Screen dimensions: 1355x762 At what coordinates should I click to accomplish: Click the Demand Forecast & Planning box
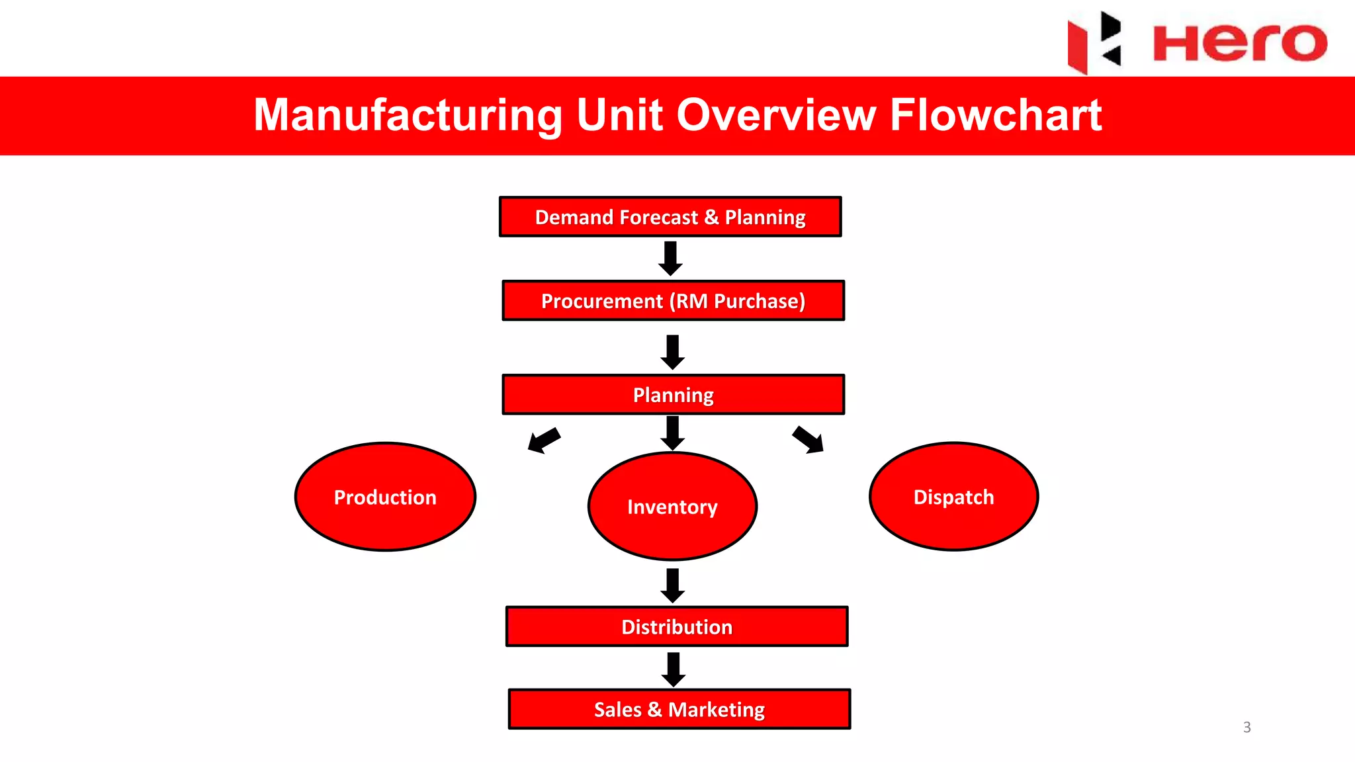[x=670, y=217]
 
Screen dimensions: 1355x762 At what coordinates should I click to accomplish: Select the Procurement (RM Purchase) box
[x=673, y=301]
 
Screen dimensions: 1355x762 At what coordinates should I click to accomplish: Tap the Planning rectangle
[x=673, y=395]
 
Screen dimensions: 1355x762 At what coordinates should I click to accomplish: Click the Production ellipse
[x=385, y=497]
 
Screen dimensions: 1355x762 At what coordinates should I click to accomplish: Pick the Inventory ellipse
[x=672, y=507]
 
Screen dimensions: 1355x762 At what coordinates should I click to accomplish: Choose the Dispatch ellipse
[x=953, y=497]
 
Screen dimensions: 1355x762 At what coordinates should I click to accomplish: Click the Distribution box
[x=677, y=626]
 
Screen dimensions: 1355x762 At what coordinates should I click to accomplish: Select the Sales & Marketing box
[x=679, y=709]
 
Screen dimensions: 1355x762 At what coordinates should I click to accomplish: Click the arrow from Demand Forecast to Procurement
[x=670, y=259]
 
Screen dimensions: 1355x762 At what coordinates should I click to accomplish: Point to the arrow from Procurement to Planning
[x=673, y=353]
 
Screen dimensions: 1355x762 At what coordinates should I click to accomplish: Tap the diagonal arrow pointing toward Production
[x=544, y=440]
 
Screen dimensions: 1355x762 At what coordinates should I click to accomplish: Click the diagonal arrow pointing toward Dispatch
[x=808, y=439]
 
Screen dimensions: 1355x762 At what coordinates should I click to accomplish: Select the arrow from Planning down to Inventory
[x=673, y=433]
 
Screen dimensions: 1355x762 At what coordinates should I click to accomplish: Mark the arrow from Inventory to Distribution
[x=673, y=586]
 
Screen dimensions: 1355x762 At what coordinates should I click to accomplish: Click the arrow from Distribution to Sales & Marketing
[x=674, y=670]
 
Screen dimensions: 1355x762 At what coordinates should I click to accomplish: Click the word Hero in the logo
[x=1240, y=43]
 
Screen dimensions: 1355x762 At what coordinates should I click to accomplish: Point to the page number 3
[x=1247, y=727]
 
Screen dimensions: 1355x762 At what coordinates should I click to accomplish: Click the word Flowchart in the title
[x=996, y=114]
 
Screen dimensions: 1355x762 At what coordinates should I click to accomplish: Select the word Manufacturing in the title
[x=408, y=115]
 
